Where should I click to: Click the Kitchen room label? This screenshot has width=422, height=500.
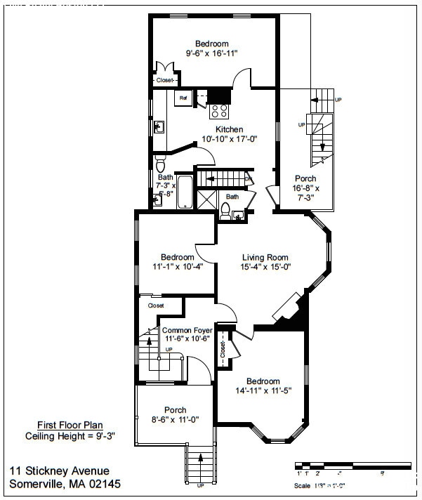(230, 129)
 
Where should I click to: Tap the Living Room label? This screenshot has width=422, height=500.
(265, 257)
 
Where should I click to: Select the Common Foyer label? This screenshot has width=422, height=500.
(186, 329)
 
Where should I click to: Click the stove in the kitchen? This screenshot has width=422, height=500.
(220, 110)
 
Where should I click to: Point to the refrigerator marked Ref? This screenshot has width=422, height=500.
(183, 98)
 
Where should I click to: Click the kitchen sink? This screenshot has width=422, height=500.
(159, 127)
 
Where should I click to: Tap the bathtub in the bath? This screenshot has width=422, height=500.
(185, 192)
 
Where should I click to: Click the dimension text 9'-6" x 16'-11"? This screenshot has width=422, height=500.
(212, 53)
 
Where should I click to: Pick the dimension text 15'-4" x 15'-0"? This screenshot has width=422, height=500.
(265, 267)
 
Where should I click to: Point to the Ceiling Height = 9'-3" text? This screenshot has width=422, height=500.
(70, 435)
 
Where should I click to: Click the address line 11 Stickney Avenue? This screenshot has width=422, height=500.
(60, 471)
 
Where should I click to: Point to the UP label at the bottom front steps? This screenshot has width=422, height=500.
(201, 485)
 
